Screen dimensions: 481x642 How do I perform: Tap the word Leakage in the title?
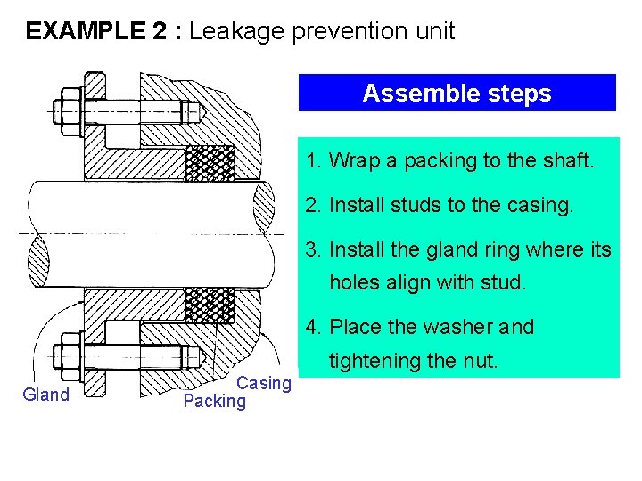234,32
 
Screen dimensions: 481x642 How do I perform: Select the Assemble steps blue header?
457,93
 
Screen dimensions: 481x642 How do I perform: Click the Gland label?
46,395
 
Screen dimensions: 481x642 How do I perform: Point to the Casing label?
264,383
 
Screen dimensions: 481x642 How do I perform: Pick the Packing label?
214,401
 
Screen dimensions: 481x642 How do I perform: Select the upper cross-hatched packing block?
210,162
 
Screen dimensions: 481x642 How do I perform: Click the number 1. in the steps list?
313,161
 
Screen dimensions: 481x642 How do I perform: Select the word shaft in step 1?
568,161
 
